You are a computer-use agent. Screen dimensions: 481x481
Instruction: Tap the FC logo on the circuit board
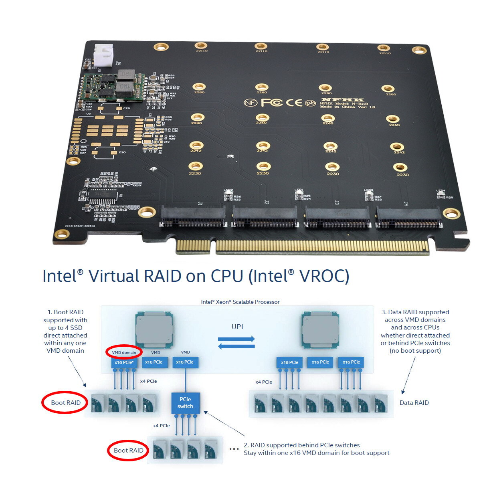coord(272,103)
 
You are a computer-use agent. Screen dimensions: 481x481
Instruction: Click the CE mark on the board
coord(294,103)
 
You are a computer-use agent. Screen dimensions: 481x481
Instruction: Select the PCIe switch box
coord(185,403)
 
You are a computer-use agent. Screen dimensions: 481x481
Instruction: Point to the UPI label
coord(237,327)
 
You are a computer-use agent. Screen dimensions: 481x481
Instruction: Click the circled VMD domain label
coord(124,352)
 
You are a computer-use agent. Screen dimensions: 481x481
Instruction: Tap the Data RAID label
coord(414,402)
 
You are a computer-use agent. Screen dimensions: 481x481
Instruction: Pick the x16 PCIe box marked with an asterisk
coord(124,362)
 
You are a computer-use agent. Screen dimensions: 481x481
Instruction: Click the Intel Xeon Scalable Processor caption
coord(240,302)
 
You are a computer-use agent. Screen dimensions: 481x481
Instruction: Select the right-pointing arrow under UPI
coord(236,339)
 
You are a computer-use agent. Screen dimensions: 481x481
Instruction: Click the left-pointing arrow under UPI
coord(236,346)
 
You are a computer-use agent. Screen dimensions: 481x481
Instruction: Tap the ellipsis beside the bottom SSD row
coord(234,449)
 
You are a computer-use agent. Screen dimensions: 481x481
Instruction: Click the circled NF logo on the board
coord(251,103)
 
